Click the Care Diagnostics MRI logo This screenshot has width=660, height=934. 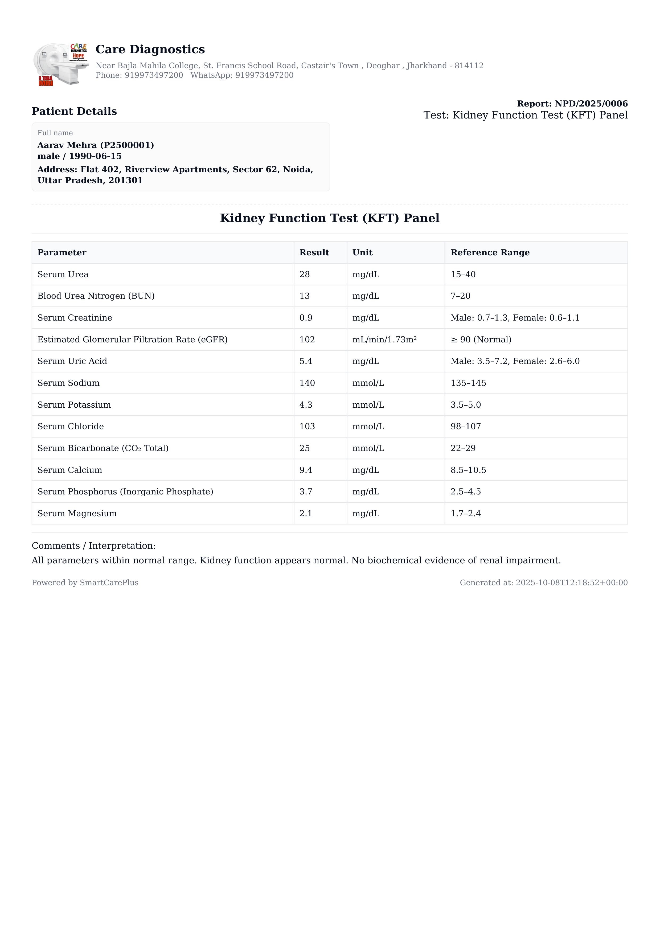tap(61, 64)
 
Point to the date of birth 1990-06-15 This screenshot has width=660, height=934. tap(95, 156)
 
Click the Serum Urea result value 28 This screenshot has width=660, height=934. tap(305, 275)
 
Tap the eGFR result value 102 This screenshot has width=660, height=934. tap(307, 340)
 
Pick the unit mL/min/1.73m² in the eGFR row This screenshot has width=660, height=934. tap(384, 340)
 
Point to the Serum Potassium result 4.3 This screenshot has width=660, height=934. tap(306, 405)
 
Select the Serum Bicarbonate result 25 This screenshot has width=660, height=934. tap(305, 448)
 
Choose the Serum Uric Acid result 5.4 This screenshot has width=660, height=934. tap(306, 361)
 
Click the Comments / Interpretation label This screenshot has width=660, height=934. tap(93, 546)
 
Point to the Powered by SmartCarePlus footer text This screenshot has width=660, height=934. tap(85, 583)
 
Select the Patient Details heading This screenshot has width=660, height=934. tap(75, 112)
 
